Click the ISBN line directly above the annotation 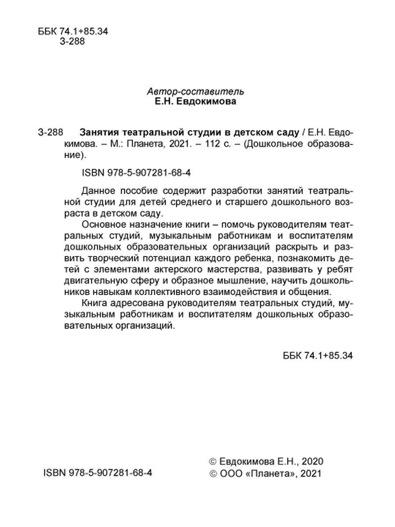[136, 173]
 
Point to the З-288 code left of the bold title [51, 132]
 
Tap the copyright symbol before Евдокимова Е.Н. [213, 462]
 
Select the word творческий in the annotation [119, 258]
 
